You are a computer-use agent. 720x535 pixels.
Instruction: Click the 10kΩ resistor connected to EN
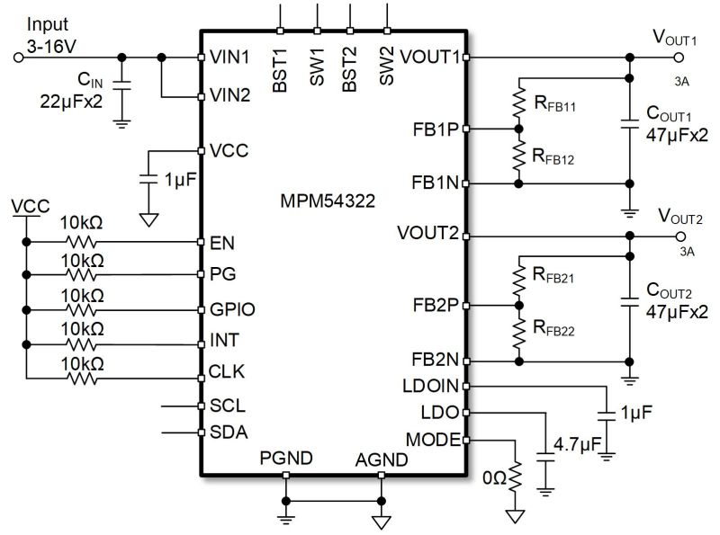point(81,242)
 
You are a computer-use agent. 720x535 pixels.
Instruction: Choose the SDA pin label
point(229,432)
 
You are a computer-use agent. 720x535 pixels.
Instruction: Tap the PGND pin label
point(285,459)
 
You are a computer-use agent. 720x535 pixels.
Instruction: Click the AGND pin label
point(382,459)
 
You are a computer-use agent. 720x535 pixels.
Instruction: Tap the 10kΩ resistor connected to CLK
point(81,377)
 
